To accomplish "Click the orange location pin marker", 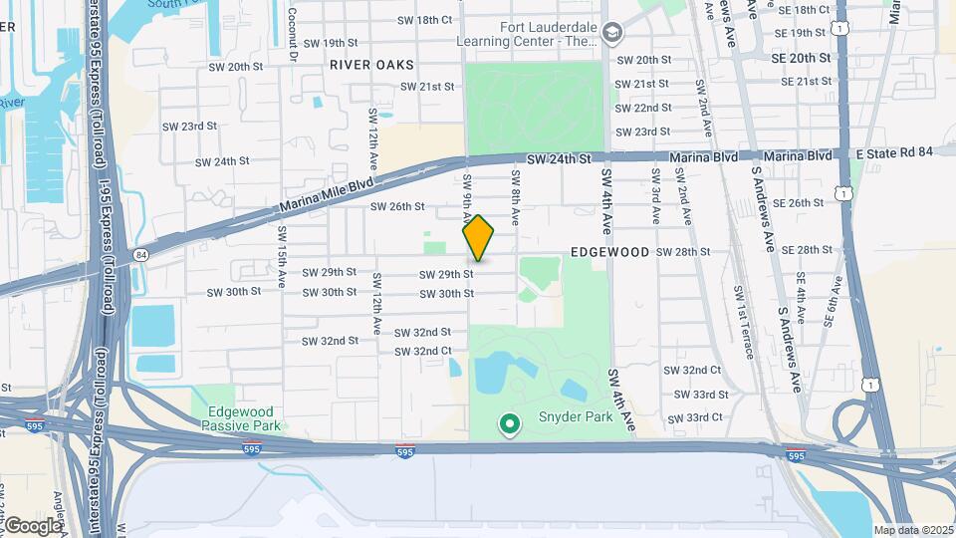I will [x=479, y=238].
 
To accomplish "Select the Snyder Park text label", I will [x=577, y=417].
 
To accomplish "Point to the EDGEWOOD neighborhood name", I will [x=611, y=252].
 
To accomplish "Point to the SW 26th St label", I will [x=397, y=207].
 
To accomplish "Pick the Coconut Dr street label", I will [x=293, y=34].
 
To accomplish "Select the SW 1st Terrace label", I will [x=740, y=314].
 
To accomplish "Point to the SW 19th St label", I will [x=330, y=43].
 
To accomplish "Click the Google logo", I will [x=32, y=525].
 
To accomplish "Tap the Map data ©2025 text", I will [x=913, y=530].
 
